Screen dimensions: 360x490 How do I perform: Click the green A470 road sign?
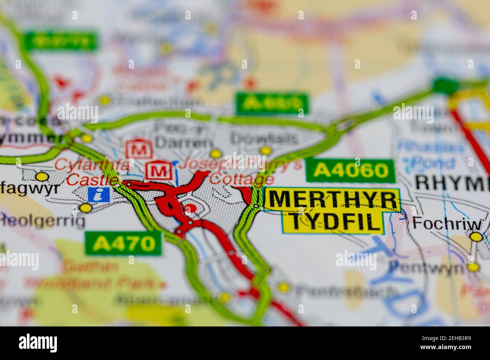coord(124,244)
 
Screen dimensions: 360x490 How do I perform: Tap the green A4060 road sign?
coord(351,171)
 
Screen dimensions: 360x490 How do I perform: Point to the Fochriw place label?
coord(447,224)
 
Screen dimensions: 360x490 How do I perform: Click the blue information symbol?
coord(98,194)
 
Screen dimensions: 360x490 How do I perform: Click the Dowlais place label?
coord(265,138)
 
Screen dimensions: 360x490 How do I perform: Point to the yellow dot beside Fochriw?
coord(476,237)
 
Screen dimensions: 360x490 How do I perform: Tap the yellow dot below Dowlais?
coord(266,151)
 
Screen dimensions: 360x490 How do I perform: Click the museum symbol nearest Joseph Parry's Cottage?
coord(159,171)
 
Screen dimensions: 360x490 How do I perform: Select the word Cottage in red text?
coord(242,179)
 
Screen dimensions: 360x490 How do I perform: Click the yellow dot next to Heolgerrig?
coord(86,207)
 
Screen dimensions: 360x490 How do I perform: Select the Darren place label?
coord(184,143)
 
